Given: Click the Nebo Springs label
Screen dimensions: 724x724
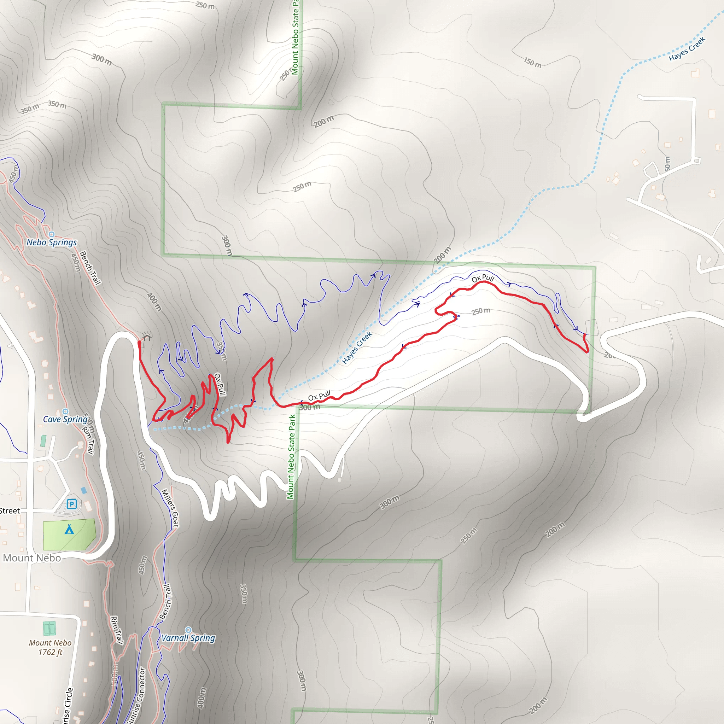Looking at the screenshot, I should pyautogui.click(x=51, y=243).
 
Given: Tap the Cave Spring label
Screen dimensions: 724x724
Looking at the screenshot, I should pyautogui.click(x=65, y=419).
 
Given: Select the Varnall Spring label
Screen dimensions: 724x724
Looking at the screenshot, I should pyautogui.click(x=188, y=638).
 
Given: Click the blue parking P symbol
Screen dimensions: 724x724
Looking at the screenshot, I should pyautogui.click(x=71, y=504).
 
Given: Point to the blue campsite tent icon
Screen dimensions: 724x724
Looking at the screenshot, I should pyautogui.click(x=69, y=530).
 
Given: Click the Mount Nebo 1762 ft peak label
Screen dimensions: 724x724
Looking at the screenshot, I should pyautogui.click(x=50, y=647).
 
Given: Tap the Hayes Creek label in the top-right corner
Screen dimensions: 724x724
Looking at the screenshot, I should pyautogui.click(x=687, y=49).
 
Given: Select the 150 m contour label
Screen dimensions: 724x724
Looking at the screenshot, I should pyautogui.click(x=532, y=63).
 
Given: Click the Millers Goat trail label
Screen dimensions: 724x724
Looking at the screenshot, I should pyautogui.click(x=170, y=508).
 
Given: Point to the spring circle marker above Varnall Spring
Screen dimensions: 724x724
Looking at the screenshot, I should pyautogui.click(x=188, y=630).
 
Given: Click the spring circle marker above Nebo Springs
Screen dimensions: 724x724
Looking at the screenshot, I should pyautogui.click(x=52, y=235).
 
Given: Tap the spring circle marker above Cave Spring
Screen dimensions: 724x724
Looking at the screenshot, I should pyautogui.click(x=65, y=411).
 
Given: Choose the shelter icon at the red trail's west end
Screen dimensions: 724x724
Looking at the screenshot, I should pyautogui.click(x=146, y=336).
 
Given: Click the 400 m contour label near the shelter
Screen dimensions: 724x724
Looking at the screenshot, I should pyautogui.click(x=154, y=302).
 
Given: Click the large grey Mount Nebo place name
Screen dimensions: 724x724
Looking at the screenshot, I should pyautogui.click(x=32, y=558).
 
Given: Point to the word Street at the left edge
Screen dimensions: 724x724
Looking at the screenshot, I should pyautogui.click(x=10, y=511).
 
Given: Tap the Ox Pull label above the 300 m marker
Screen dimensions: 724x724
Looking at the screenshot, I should pyautogui.click(x=319, y=395).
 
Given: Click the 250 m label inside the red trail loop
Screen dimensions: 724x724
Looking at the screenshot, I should pyautogui.click(x=481, y=311).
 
